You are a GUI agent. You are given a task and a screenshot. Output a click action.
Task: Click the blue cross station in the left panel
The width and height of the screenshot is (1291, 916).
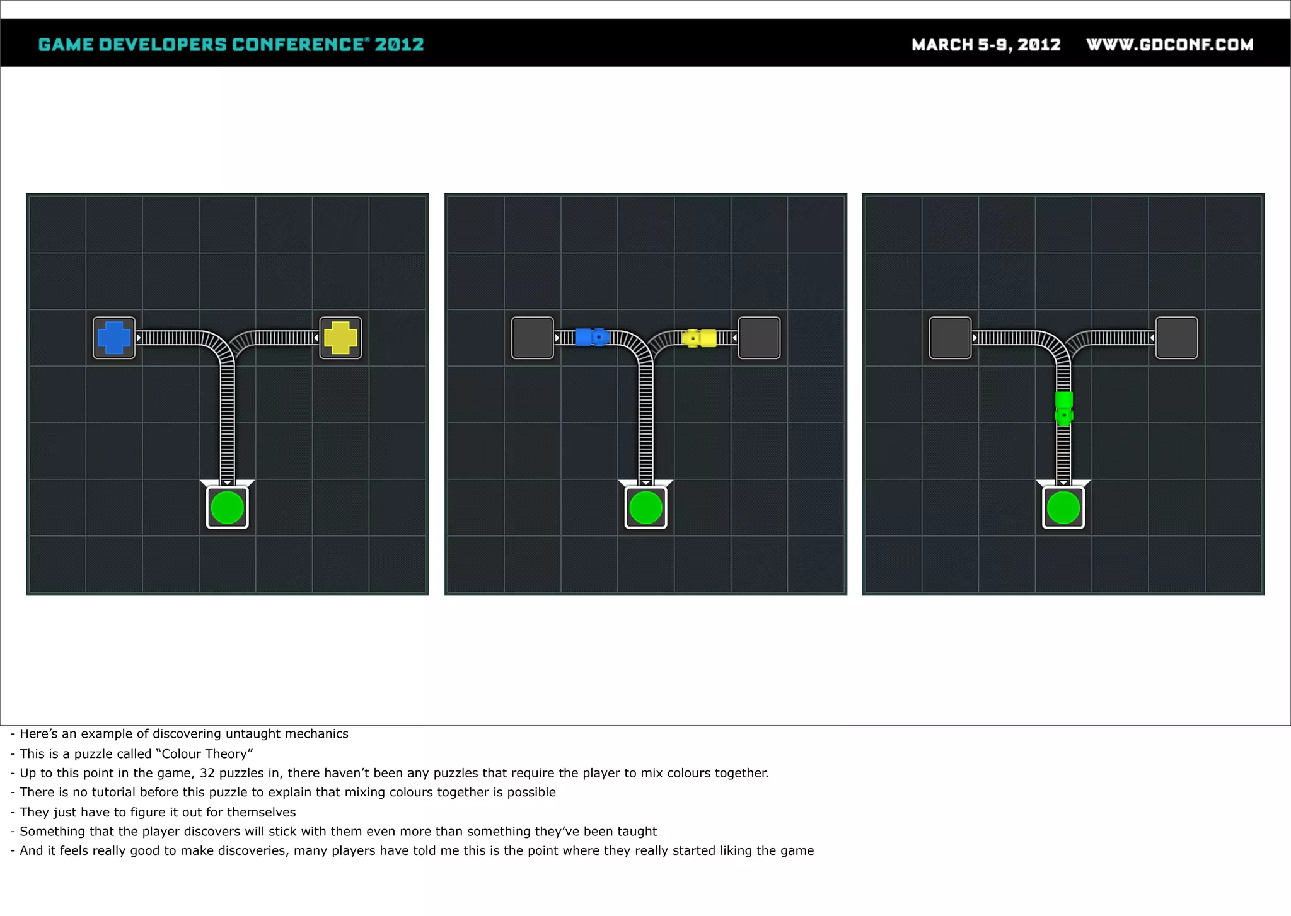[114, 338]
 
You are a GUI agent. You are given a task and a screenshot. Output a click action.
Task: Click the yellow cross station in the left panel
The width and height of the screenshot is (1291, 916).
[340, 338]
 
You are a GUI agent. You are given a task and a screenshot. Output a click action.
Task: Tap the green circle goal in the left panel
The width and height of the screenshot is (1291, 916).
[228, 508]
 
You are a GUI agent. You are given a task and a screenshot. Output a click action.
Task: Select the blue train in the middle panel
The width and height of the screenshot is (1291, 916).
[592, 337]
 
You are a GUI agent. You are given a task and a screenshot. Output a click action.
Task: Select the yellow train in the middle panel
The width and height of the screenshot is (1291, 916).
[700, 338]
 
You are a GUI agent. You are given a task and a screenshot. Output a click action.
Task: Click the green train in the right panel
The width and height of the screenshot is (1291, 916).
[1064, 408]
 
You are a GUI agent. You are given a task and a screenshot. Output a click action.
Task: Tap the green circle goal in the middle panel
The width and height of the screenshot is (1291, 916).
[645, 508]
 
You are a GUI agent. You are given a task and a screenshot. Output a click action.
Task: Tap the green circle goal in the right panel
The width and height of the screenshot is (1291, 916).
[1063, 508]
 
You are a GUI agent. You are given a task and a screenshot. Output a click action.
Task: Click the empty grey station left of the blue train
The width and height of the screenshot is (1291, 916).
[533, 338]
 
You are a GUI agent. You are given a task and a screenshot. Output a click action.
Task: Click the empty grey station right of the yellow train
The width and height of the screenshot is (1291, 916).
[759, 338]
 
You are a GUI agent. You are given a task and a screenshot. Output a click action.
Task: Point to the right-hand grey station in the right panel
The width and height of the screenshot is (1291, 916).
[1177, 338]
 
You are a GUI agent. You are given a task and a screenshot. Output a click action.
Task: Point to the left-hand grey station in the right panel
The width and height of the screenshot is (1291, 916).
[951, 338]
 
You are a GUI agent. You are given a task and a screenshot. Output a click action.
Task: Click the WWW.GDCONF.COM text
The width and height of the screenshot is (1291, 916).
[1170, 45]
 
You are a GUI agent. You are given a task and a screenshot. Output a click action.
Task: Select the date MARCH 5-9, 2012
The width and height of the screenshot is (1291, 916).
[986, 45]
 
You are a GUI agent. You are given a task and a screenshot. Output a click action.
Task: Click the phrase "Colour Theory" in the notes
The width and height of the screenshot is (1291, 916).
[204, 754]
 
